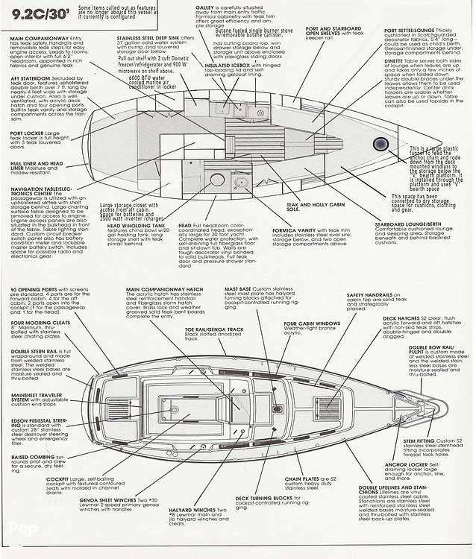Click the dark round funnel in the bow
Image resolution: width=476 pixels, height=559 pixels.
coord(381,144)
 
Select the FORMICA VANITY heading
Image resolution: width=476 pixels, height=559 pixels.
coord(295,230)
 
